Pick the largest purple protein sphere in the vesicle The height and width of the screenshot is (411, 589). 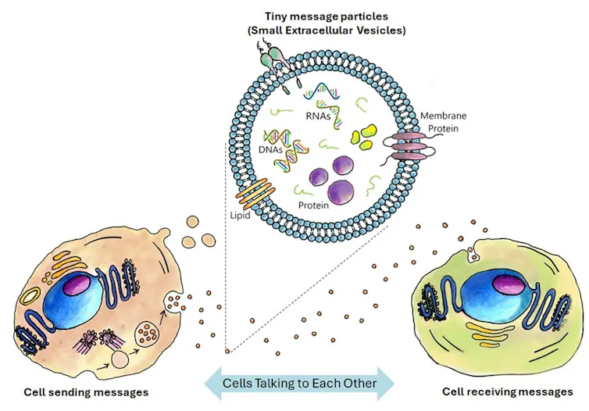point(341,191)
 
